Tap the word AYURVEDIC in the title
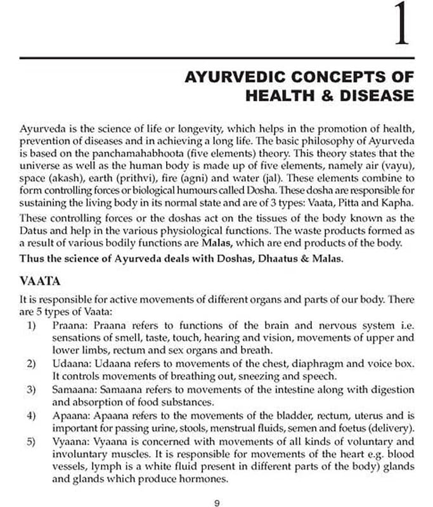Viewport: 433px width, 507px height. click(x=242, y=77)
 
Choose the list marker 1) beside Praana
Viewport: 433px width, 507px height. click(x=32, y=324)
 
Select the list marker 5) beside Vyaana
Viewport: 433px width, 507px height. click(x=32, y=441)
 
